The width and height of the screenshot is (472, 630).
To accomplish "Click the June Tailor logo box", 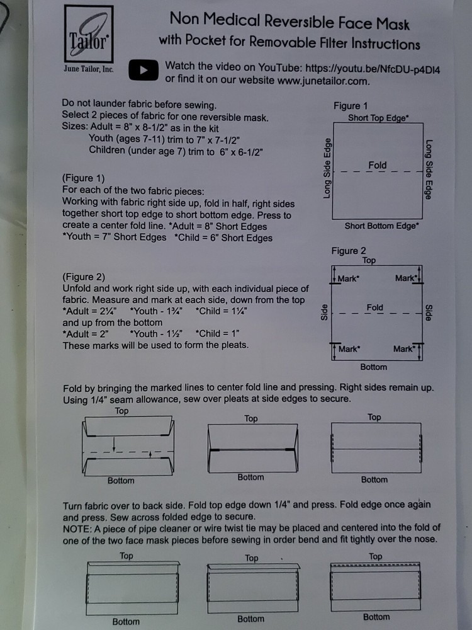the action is click(x=89, y=34).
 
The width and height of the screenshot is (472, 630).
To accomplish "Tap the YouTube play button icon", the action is click(x=143, y=70).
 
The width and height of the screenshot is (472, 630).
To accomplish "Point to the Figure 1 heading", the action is click(x=351, y=106).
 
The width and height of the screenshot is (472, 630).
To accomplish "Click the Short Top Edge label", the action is click(x=378, y=118).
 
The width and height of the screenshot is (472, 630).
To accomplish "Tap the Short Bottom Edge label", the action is click(x=381, y=226).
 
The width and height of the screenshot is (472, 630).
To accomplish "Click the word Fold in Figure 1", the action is click(x=377, y=165).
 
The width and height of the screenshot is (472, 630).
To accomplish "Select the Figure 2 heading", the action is click(x=349, y=251).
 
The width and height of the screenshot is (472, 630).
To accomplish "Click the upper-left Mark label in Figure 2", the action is click(x=348, y=278).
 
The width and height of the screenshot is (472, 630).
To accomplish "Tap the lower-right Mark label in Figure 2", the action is click(x=404, y=349).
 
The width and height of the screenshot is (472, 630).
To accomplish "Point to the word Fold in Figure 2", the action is click(x=375, y=307).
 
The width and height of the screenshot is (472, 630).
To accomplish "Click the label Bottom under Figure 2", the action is click(x=373, y=367).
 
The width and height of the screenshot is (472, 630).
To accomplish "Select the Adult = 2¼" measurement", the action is click(x=89, y=311).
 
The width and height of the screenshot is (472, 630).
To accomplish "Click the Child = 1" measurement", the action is click(x=217, y=333).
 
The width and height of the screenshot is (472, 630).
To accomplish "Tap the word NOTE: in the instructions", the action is click(x=77, y=529).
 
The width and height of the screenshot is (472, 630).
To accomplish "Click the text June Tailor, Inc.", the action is click(x=88, y=69).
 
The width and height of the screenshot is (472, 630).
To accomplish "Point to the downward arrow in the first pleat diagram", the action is click(x=114, y=444).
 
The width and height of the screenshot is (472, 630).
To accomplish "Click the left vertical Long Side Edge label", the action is click(x=327, y=168).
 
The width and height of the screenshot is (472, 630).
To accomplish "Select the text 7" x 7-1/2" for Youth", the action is click(x=216, y=140).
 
